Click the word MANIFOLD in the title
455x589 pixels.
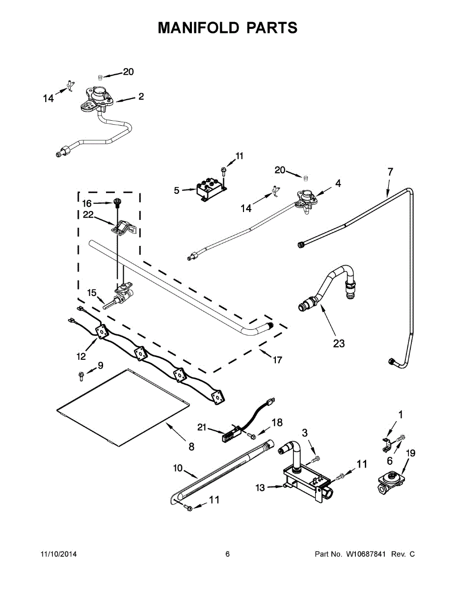tap(199, 27)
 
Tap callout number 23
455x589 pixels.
tap(339, 344)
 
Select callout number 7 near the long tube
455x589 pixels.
tap(390, 172)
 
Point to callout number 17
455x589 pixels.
tap(277, 360)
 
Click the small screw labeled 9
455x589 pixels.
tap(81, 376)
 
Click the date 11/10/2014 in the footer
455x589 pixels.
tap(58, 554)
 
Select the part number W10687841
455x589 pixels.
tap(365, 554)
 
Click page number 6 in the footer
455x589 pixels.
tap(227, 554)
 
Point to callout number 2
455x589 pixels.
tap(141, 97)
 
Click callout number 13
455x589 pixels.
tap(260, 488)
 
